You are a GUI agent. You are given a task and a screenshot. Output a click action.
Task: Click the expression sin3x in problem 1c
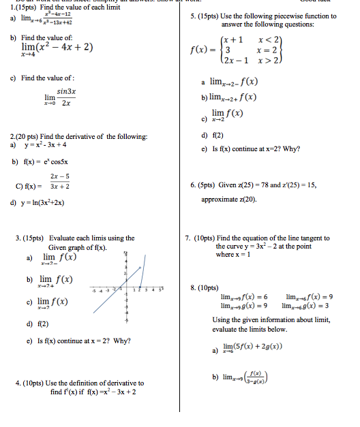[x=66, y=91]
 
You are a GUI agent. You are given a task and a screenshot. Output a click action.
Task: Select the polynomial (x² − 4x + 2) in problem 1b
[x=65, y=48]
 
